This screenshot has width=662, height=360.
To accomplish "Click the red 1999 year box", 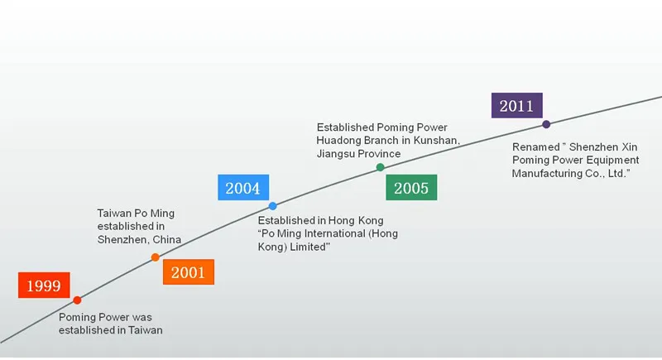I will point(44,286).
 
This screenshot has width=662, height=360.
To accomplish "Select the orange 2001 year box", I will point(188,272).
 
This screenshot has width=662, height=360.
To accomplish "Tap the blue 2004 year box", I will point(242,188).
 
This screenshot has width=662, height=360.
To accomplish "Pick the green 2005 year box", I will point(411,188).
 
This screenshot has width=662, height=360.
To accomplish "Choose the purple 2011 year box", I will point(516,106).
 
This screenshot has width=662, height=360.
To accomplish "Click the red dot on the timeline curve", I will point(77,300).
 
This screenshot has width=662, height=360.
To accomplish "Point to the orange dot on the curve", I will point(155,257).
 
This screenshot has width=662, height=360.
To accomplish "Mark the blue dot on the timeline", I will point(273,205).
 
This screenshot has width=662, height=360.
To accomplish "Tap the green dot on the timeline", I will point(380,167).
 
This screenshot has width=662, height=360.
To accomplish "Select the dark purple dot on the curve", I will point(546,124).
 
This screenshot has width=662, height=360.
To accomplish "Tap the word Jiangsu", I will point(337,154).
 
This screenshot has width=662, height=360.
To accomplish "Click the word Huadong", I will point(341,141).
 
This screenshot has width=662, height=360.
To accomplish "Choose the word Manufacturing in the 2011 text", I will point(547,173).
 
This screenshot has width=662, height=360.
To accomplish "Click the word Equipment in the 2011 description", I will point(612,160).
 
